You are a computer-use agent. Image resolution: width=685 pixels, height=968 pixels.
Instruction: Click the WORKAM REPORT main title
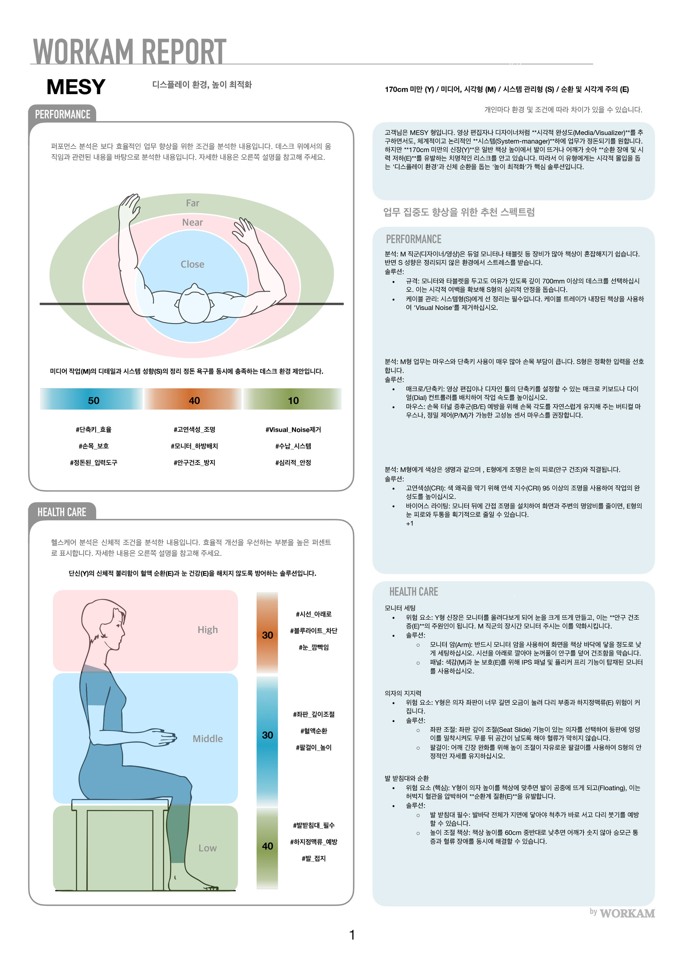pyautogui.click(x=130, y=51)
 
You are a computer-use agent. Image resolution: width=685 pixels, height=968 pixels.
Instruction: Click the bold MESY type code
pyautogui.click(x=76, y=87)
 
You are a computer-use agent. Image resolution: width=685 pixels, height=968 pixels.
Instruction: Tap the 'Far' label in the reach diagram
pyautogui.click(x=192, y=203)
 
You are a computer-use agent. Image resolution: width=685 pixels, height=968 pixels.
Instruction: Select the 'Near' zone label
pyautogui.click(x=192, y=222)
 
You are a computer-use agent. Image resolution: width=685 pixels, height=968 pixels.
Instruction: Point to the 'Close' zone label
pyautogui.click(x=192, y=264)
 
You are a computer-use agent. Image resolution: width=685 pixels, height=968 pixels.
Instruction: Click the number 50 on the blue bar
pyautogui.click(x=93, y=400)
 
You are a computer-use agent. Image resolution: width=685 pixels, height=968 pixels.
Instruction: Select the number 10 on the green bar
pyautogui.click(x=293, y=400)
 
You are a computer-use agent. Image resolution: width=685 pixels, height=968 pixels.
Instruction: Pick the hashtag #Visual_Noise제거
pyautogui.click(x=293, y=430)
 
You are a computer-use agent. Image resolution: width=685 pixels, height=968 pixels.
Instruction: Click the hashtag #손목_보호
pyautogui.click(x=93, y=446)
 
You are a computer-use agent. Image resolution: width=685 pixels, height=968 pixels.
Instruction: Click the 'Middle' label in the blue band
pyautogui.click(x=208, y=739)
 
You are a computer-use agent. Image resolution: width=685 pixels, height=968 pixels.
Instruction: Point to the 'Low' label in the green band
pyautogui.click(x=208, y=848)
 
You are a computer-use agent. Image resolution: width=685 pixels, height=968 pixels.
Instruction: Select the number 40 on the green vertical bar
pyautogui.click(x=268, y=846)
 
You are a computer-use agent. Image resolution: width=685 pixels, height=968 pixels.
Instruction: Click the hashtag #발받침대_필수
pyautogui.click(x=314, y=825)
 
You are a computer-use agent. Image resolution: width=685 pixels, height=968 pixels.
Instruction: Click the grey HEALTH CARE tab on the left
pyautogui.click(x=62, y=512)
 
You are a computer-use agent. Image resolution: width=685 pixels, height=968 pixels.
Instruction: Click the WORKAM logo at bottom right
pyautogui.click(x=627, y=913)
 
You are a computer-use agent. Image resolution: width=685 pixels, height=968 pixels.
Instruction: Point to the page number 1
pyautogui.click(x=352, y=935)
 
